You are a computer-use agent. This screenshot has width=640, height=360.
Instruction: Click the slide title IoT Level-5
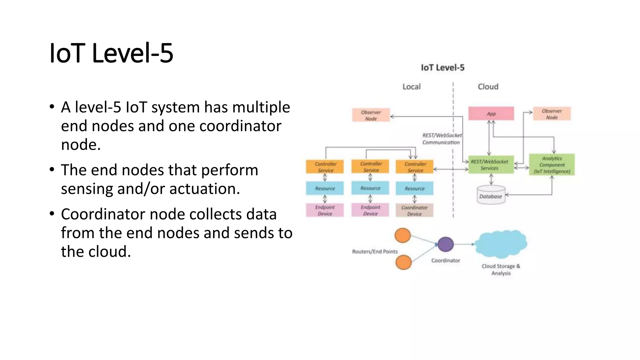point(111,53)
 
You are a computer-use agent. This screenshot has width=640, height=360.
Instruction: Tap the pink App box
point(491,114)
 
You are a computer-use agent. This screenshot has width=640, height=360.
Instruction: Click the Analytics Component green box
point(552,165)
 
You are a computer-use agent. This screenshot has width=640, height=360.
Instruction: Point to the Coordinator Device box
point(414,210)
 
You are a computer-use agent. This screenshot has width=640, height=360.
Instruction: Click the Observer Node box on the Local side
point(371,115)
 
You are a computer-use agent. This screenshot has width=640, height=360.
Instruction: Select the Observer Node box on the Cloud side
point(552,114)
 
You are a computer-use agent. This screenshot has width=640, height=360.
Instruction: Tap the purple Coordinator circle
point(445,244)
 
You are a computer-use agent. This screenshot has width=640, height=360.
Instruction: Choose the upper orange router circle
point(402,235)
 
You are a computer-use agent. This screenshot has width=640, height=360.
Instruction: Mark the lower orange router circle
point(403,262)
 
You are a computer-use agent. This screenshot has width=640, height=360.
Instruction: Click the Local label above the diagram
point(411,87)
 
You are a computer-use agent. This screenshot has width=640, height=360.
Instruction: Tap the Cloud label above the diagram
point(488,87)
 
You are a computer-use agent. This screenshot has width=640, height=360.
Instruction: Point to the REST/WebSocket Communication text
point(442,139)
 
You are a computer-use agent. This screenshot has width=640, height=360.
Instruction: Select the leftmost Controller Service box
point(325,167)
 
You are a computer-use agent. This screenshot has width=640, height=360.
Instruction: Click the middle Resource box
point(370,188)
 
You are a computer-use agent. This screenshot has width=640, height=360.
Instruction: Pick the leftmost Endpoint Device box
point(325,210)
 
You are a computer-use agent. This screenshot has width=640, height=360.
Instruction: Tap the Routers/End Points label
point(375,252)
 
